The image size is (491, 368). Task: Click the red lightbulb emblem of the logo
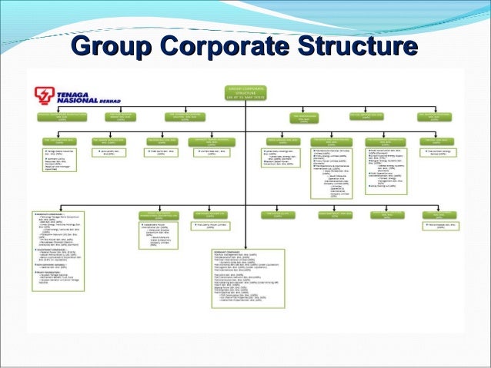[44, 95]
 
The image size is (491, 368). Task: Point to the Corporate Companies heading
[47, 212]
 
